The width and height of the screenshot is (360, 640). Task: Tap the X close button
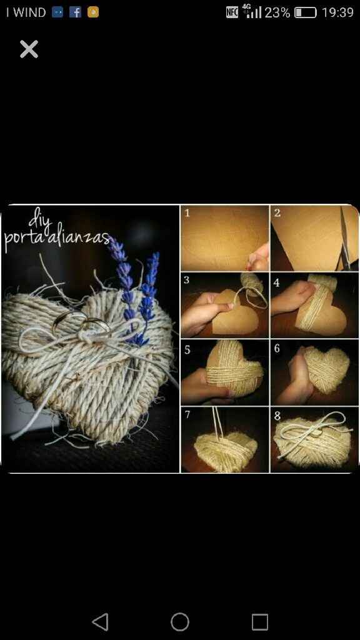(x=29, y=49)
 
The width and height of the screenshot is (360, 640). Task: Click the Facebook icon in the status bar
(x=75, y=12)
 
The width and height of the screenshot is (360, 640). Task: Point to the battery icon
(x=305, y=12)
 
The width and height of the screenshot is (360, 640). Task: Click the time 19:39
(x=337, y=12)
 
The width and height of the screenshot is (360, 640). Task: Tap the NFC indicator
(x=232, y=12)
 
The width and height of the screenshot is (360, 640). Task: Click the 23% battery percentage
(x=277, y=12)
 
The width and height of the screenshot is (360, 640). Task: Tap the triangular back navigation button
(x=101, y=622)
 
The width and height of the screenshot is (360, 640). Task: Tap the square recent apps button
(x=259, y=622)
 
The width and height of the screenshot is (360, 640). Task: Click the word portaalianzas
(x=57, y=238)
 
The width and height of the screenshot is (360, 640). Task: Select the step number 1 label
(x=187, y=212)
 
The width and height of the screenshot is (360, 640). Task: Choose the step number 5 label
(x=187, y=350)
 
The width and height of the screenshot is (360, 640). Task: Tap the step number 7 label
(x=187, y=415)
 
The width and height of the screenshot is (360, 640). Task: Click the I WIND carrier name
(x=25, y=12)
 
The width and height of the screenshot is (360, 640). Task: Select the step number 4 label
(x=277, y=282)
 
